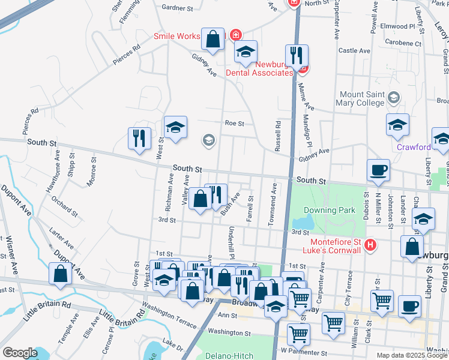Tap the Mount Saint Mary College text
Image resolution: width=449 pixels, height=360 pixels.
click(362, 98)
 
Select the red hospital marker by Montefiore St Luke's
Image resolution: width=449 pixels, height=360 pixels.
click(370, 245)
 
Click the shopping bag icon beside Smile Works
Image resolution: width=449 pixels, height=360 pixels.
click(212, 40)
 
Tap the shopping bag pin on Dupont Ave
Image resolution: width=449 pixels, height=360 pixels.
click(61, 274)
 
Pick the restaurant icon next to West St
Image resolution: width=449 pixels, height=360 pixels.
click(139, 139)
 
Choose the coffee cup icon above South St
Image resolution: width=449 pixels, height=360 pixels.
click(378, 170)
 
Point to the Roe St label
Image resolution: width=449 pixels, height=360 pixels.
click(234, 124)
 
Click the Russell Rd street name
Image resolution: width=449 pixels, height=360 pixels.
click(278, 137)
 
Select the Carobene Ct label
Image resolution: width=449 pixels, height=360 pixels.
click(403, 43)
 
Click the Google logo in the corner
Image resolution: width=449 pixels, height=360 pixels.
click(20, 353)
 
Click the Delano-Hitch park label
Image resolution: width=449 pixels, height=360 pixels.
click(227, 355)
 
